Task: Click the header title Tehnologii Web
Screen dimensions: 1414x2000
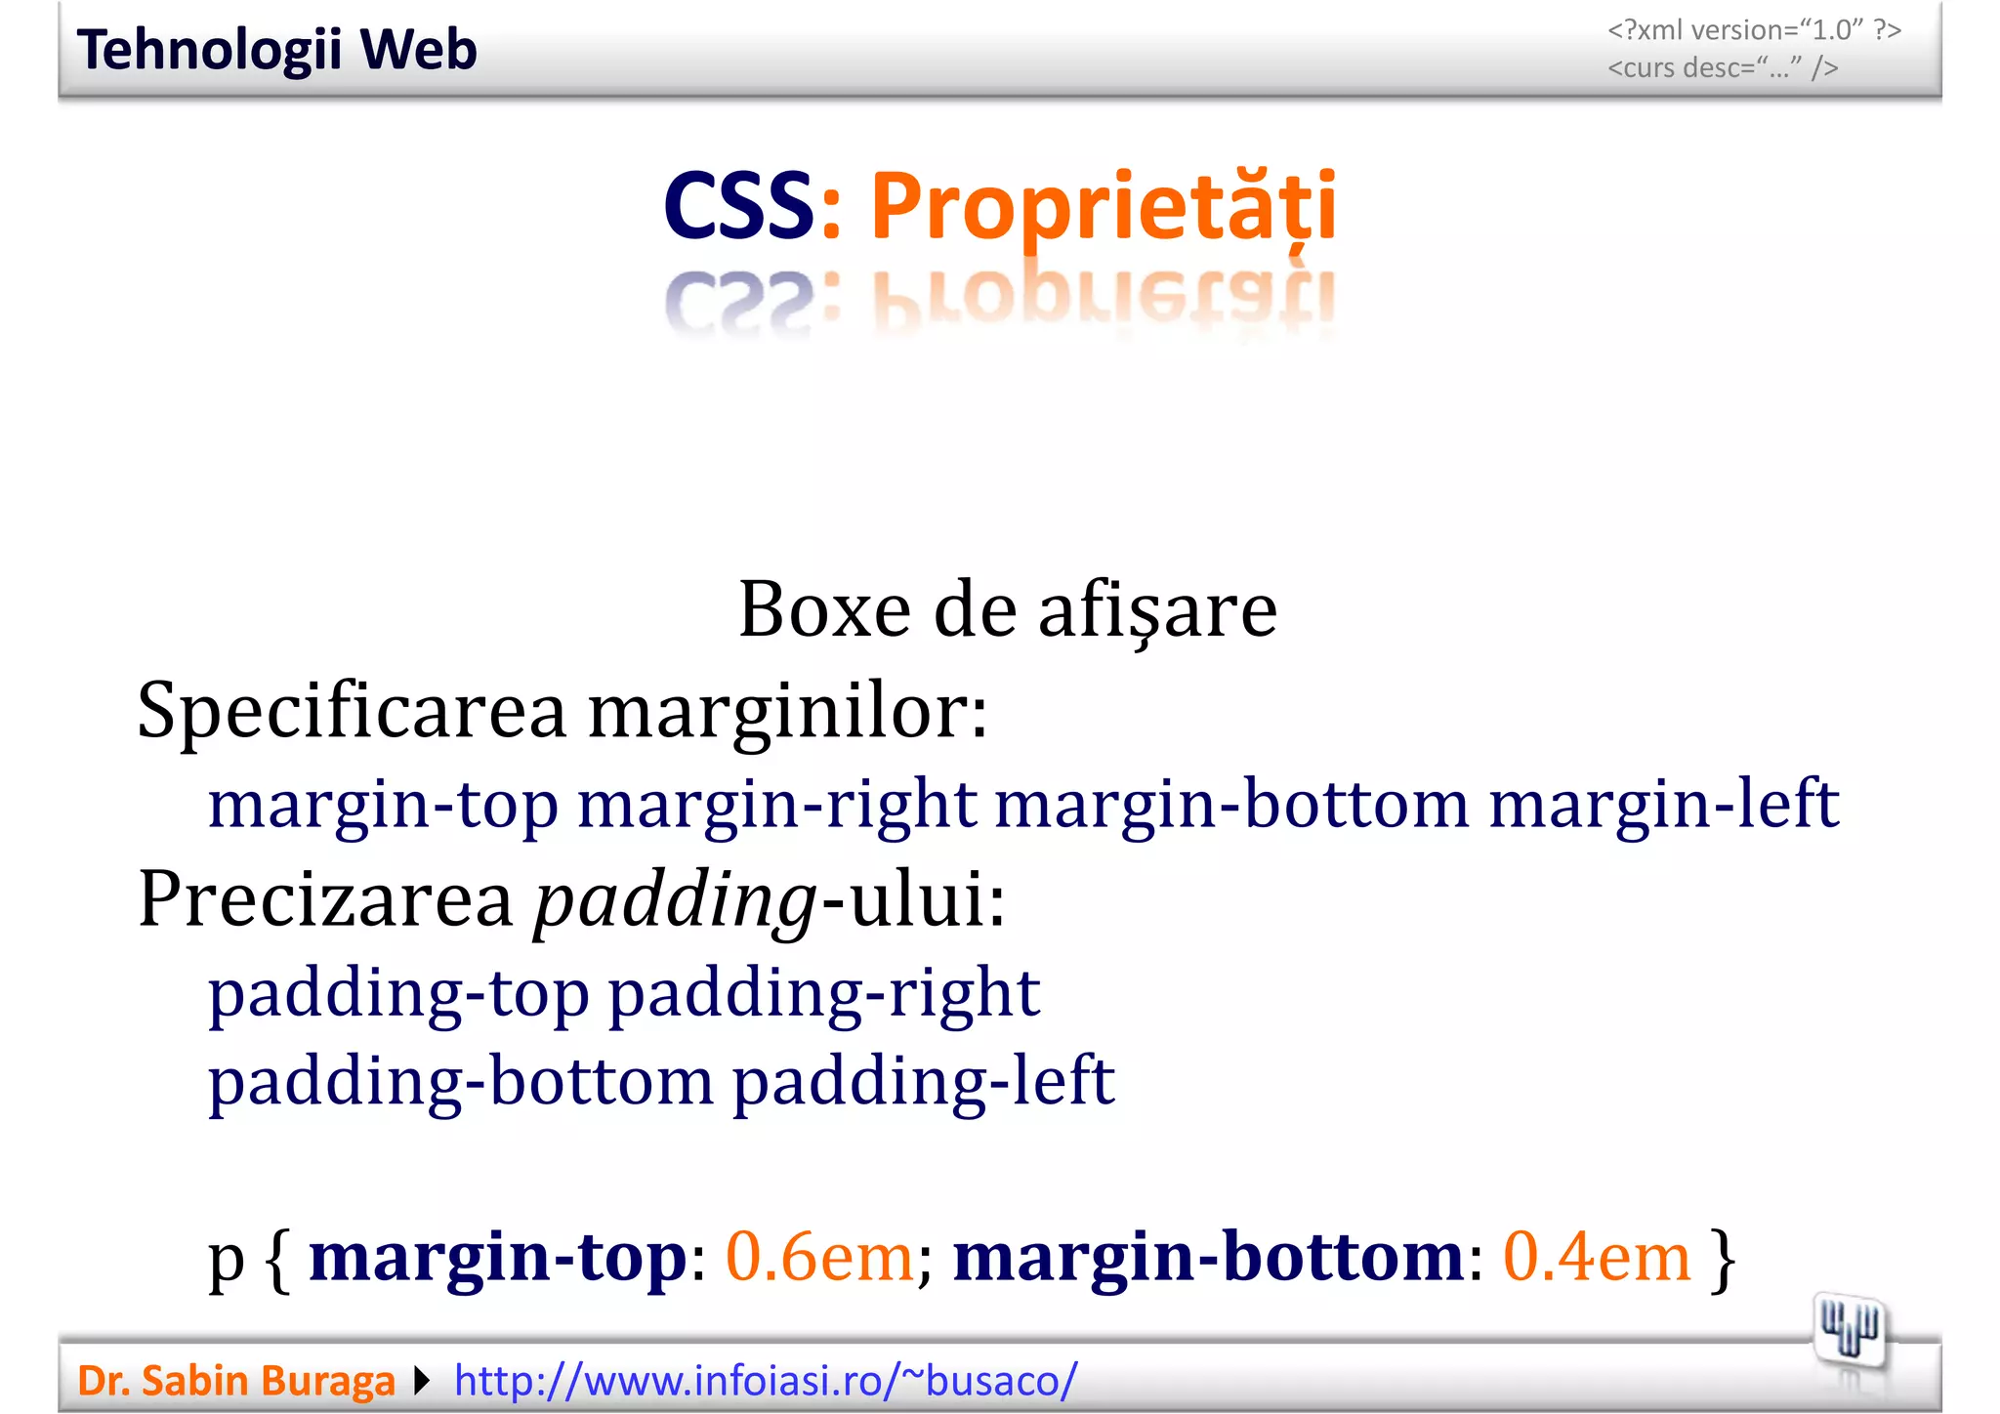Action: tap(276, 50)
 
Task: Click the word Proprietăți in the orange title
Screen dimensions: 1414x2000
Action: tap(1103, 207)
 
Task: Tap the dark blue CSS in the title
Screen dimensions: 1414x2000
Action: tap(738, 207)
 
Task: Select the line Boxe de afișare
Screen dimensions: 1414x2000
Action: tap(1007, 609)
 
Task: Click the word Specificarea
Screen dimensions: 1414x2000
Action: tap(352, 711)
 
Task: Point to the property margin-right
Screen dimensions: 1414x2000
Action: tap(776, 805)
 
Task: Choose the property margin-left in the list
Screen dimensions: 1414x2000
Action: tap(1663, 805)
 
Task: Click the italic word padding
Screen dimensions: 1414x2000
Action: tap(674, 900)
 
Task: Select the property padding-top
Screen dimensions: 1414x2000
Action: tap(398, 994)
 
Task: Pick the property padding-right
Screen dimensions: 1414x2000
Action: tap(824, 994)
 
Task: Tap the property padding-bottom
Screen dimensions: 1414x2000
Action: tap(461, 1082)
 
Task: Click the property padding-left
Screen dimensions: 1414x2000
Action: tap(923, 1082)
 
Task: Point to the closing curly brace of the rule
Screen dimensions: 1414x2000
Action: tap(1724, 1260)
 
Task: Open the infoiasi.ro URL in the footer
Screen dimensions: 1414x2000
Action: tap(766, 1381)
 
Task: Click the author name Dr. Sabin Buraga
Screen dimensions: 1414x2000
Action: tap(236, 1381)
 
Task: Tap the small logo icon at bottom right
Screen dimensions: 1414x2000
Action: tap(1849, 1331)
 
